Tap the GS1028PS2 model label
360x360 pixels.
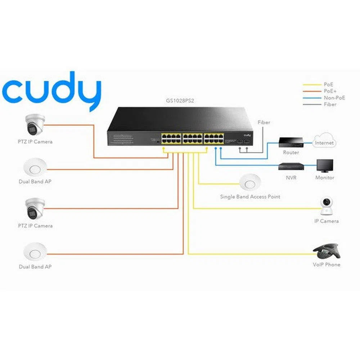tap(180, 102)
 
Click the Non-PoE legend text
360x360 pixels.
tap(334, 98)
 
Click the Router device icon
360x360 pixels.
tap(291, 141)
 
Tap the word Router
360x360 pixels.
tap(291, 152)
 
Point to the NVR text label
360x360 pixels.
tap(291, 178)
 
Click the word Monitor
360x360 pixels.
tap(325, 178)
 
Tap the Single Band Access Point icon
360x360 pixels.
tap(250, 182)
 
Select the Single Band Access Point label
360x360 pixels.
tap(250, 197)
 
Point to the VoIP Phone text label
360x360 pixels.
tap(326, 265)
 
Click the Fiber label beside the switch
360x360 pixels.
tap(264, 122)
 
